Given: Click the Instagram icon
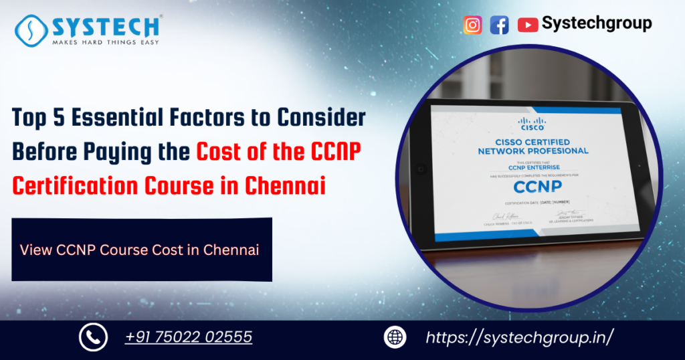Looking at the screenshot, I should pos(473,25).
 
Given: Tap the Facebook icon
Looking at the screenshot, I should pos(499,25).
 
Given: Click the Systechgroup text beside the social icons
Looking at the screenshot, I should pos(597,23).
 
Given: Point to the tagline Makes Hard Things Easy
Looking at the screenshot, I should pos(106,42).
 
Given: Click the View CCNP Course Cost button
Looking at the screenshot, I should pos(142,250).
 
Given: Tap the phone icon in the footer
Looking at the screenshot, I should pos(93,337).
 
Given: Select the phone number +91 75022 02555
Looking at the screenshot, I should pos(189,337).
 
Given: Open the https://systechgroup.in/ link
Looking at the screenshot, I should pos(520,337).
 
